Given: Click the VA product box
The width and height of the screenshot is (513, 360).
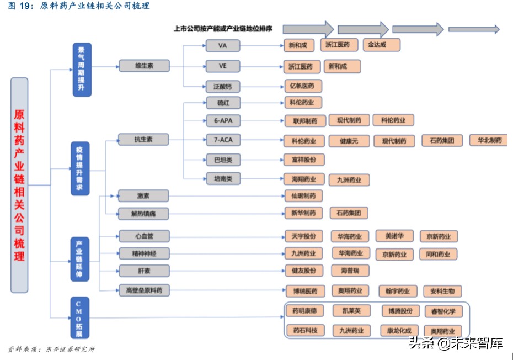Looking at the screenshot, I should (x=223, y=46).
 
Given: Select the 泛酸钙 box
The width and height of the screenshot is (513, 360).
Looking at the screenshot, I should (x=223, y=86).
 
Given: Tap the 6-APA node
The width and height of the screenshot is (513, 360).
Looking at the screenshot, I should (x=223, y=120).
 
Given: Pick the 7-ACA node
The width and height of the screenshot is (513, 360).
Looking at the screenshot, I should (x=223, y=140).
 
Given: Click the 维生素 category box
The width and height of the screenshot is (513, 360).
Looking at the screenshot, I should (x=144, y=66).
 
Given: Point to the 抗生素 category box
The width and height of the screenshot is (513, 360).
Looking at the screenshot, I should (x=143, y=140).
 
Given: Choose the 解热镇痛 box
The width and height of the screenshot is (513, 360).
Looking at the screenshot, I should (x=143, y=213).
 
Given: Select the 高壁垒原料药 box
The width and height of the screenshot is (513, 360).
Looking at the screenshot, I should (x=143, y=290).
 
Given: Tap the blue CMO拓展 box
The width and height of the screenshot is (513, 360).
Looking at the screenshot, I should (x=80, y=317).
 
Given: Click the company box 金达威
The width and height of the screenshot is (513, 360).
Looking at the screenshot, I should (x=381, y=45).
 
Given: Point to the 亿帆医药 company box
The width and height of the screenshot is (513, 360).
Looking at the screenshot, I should (x=302, y=86).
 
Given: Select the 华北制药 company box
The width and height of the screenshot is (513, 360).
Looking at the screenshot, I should (x=489, y=140).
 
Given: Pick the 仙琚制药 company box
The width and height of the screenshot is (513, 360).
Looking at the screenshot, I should (x=303, y=195).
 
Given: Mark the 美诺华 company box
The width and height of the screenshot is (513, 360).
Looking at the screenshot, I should (x=394, y=236).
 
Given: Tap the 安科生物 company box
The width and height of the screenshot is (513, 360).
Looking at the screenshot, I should (x=442, y=291).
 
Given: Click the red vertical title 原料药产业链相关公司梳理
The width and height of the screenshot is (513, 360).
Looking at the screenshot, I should (x=19, y=185).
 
